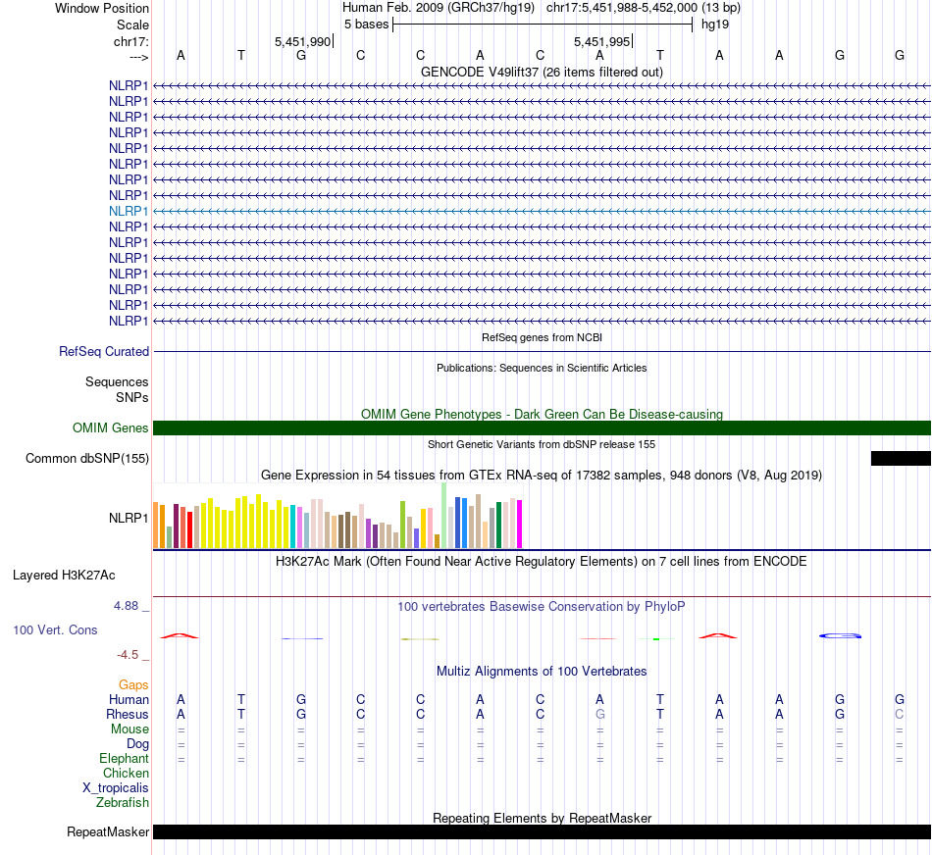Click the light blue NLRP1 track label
click(x=129, y=211)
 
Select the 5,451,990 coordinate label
click(x=302, y=42)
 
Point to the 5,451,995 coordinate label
click(x=601, y=42)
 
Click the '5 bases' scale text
click(x=366, y=25)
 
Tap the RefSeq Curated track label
click(x=104, y=351)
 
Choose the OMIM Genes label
click(x=111, y=427)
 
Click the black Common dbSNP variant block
click(x=900, y=458)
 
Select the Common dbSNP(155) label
click(x=87, y=458)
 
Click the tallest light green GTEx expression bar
click(x=444, y=515)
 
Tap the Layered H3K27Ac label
click(x=64, y=575)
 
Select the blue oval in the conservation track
click(x=840, y=636)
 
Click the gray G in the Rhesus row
click(x=599, y=714)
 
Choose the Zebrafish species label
click(x=123, y=803)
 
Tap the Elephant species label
click(x=124, y=759)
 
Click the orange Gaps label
click(x=133, y=684)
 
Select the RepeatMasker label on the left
click(x=108, y=832)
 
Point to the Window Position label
click(x=102, y=8)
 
